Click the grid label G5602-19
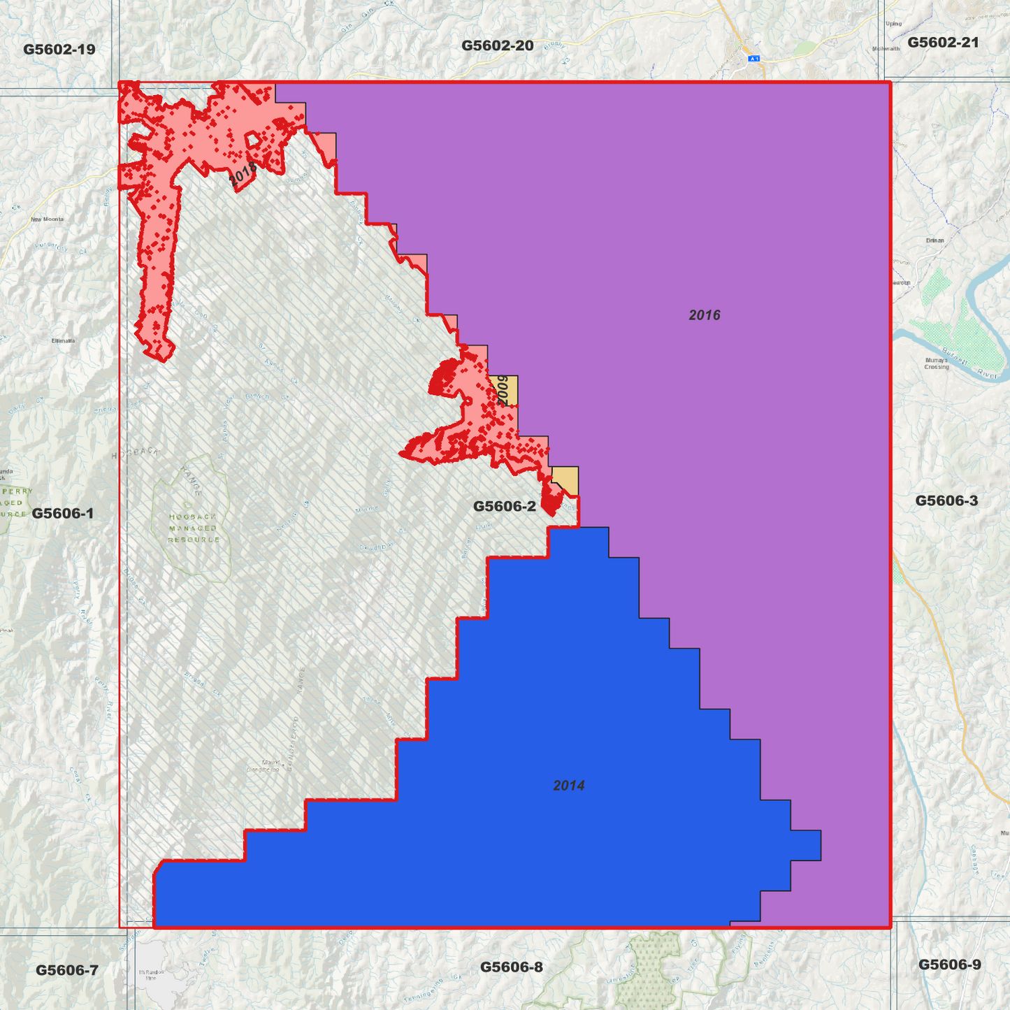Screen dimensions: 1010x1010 point(59,50)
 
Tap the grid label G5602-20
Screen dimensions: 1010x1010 point(497,46)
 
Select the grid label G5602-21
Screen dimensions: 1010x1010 point(943,43)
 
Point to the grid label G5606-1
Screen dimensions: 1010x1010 point(63,514)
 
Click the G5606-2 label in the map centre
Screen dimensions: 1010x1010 point(504,506)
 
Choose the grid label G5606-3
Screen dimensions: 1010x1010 point(946,500)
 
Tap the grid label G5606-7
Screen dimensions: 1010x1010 point(67,970)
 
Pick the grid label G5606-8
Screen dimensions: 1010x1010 point(511,967)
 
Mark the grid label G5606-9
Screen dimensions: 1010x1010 point(949,965)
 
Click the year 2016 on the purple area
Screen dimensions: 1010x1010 point(704,315)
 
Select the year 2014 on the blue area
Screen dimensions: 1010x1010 point(568,786)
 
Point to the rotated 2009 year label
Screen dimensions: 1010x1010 point(502,391)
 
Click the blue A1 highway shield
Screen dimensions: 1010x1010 point(753,59)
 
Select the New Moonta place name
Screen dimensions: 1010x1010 point(47,219)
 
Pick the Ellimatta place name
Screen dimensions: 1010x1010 point(63,341)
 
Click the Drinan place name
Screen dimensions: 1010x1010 point(935,240)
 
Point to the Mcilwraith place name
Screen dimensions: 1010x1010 point(886,49)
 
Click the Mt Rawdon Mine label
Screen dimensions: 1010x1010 point(151,975)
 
